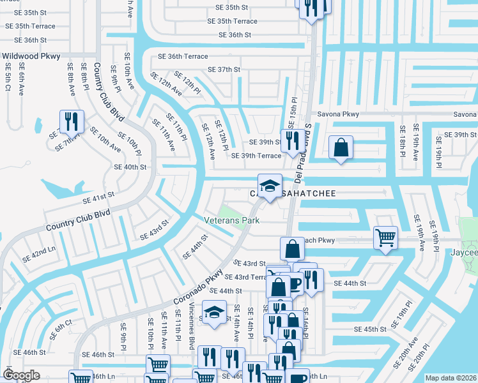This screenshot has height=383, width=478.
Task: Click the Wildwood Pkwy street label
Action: tap(31, 56)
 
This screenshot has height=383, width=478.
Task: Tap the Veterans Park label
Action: tap(231, 220)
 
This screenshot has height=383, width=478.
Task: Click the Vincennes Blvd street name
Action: tap(190, 331)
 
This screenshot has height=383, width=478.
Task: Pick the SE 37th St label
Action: tap(224, 70)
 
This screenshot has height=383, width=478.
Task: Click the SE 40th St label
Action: tap(130, 167)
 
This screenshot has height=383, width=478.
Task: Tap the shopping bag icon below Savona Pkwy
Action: tap(341, 147)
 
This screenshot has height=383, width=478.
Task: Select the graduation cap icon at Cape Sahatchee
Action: tap(270, 185)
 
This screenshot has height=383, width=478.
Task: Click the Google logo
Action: tap(22, 375)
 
